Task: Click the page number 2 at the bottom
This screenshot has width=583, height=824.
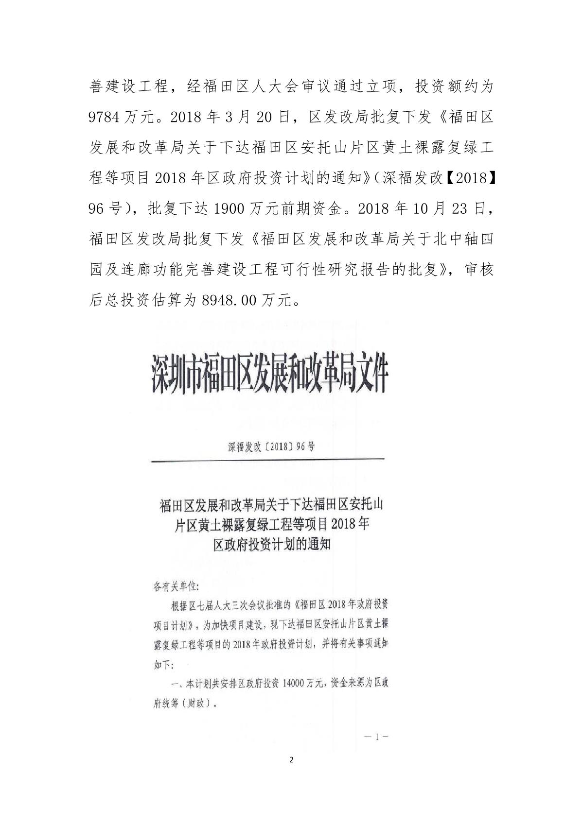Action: click(291, 774)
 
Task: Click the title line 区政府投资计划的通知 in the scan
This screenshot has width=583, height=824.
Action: click(271, 545)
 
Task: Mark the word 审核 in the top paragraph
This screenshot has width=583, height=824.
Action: click(479, 270)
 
